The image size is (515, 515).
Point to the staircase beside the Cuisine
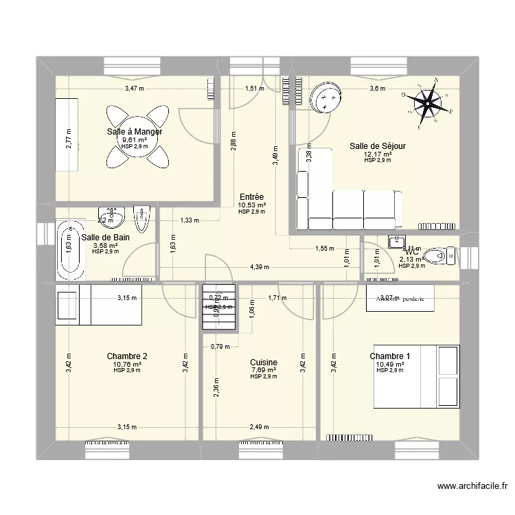coord(218,308)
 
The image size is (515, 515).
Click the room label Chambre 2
coord(127,356)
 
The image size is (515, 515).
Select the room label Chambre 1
coord(390,356)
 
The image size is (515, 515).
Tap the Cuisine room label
coord(264,362)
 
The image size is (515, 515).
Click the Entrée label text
coord(251,196)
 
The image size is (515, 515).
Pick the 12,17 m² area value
coord(378,154)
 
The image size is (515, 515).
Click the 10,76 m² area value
coord(127,364)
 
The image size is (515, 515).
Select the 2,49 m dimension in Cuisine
coord(259,426)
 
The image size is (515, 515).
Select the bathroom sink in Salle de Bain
coord(111,217)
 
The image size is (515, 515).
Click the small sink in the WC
coord(398,241)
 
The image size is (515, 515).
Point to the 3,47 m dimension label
coord(134,89)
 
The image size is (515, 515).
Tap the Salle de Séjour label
coord(378,146)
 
